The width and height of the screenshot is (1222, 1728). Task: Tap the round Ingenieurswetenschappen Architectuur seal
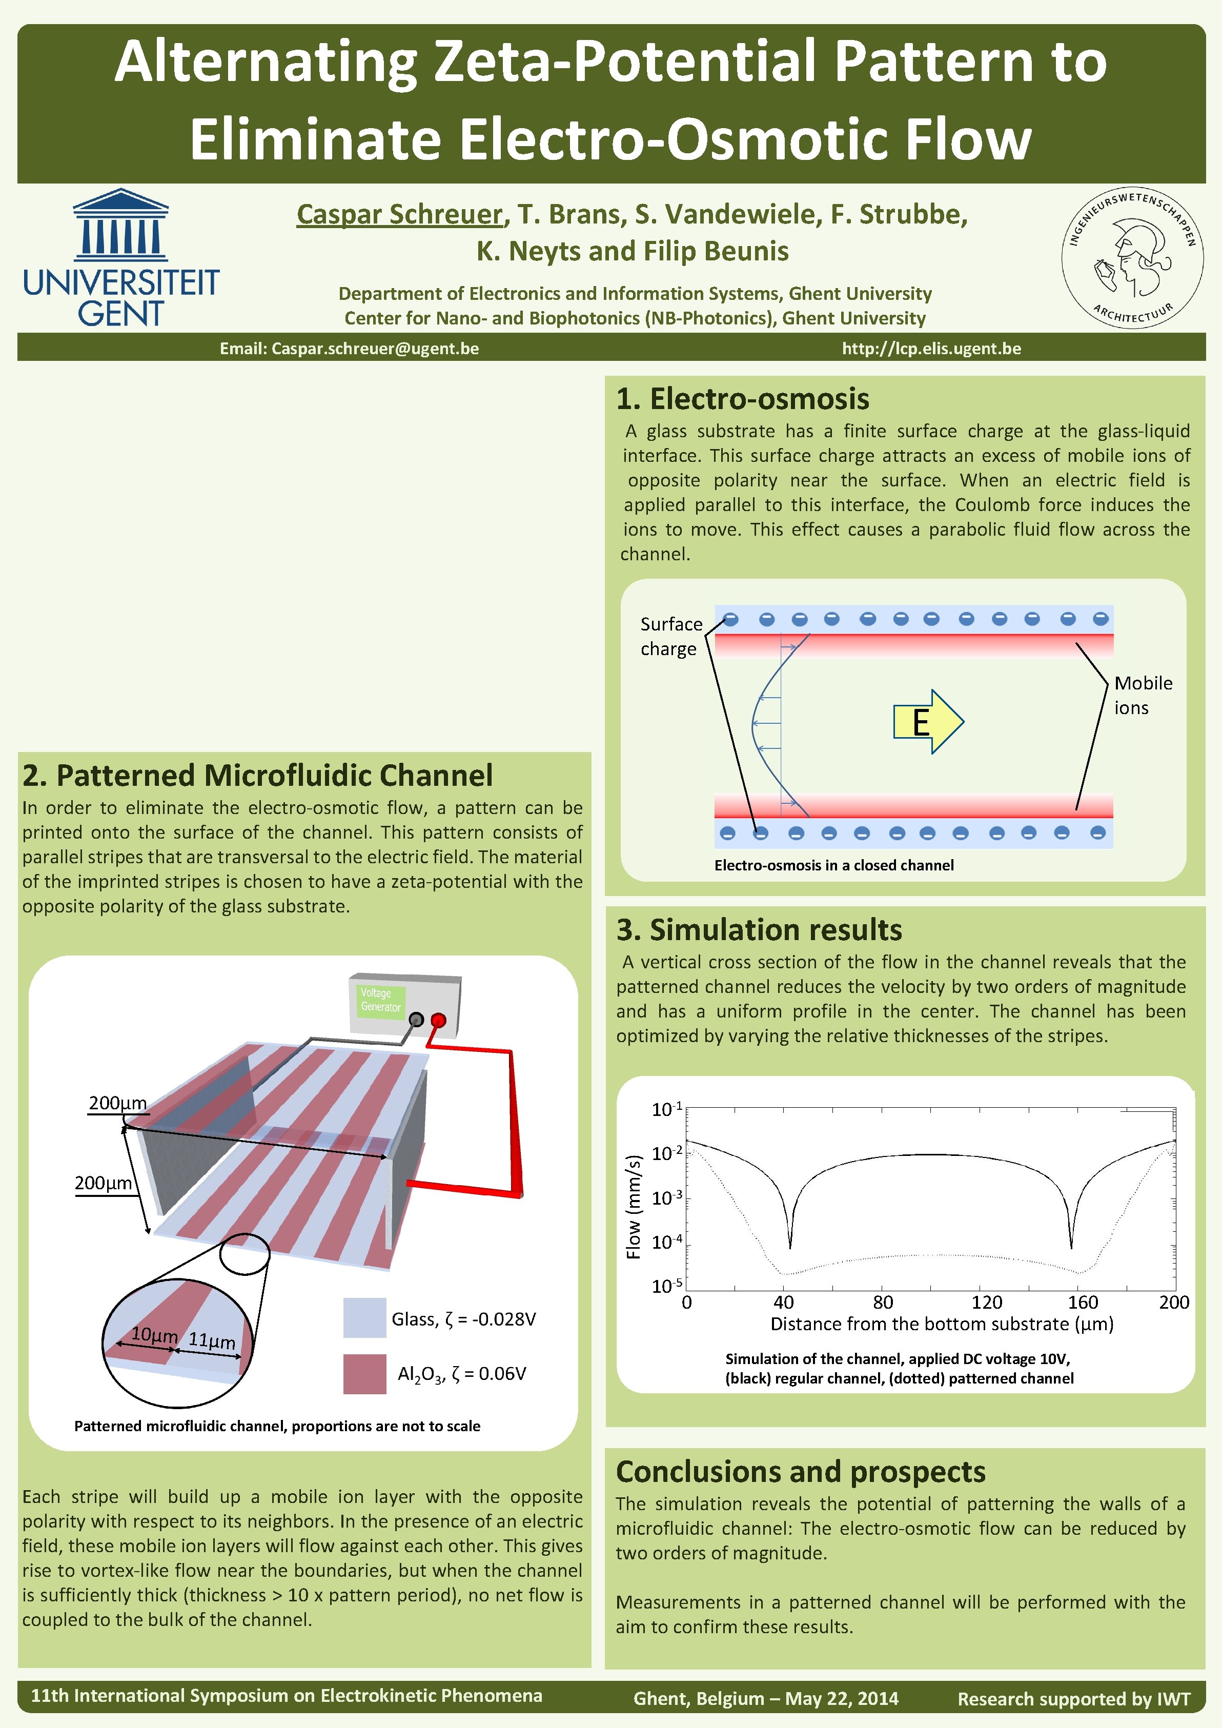coord(1132,257)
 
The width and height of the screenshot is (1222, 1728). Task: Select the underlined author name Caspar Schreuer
coord(399,214)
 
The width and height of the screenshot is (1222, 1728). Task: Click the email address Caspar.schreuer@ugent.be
coord(375,349)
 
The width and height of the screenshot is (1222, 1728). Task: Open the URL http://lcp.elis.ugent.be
coord(931,349)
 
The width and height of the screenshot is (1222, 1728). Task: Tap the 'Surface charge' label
coord(670,636)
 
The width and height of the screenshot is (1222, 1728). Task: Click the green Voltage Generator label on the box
coord(381,1000)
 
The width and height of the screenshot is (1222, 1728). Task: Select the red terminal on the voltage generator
coord(438,1020)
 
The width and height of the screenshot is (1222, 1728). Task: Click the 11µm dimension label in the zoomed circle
coord(212,1340)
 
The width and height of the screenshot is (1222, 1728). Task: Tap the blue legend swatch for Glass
coord(364,1318)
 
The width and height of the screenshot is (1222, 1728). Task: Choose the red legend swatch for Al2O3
coord(364,1373)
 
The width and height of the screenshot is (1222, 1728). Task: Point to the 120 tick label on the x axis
coord(987,1302)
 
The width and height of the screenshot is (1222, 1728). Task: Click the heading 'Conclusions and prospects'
coord(800,1471)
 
